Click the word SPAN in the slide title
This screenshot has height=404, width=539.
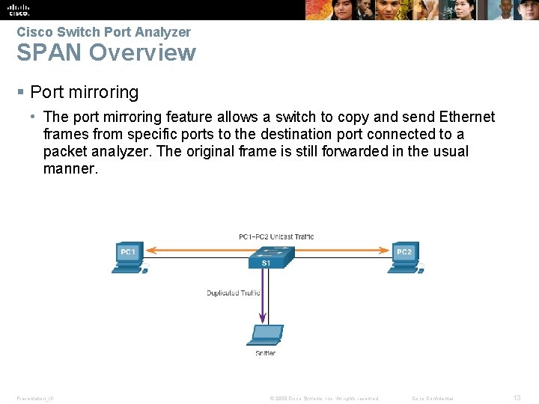click(x=49, y=53)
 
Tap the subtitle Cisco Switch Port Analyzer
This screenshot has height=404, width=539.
click(x=103, y=32)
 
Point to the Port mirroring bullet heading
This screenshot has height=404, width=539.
click(x=84, y=93)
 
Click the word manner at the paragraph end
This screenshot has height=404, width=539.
click(x=70, y=168)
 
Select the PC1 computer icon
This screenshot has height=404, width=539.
click(x=128, y=257)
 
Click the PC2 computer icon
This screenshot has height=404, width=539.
click(x=405, y=257)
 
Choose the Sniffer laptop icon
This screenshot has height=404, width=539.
click(x=266, y=336)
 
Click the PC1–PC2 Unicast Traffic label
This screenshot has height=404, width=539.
click(x=276, y=237)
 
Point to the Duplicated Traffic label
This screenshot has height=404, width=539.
click(x=233, y=293)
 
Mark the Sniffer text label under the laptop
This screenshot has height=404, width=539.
click(x=265, y=353)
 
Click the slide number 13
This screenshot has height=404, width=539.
click(x=517, y=398)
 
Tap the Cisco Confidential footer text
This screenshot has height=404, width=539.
click(x=433, y=398)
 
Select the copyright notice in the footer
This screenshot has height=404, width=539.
click(x=323, y=398)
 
